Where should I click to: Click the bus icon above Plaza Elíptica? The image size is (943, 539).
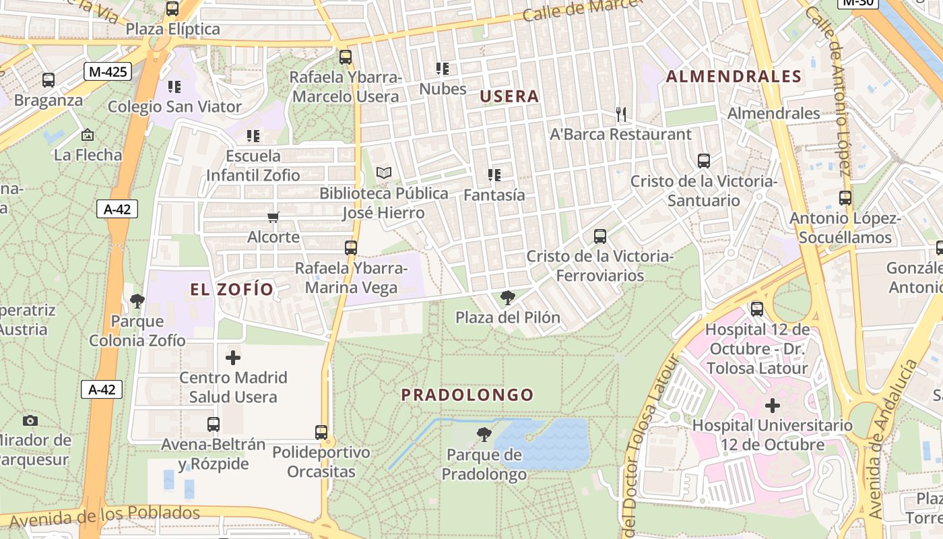point(172,9)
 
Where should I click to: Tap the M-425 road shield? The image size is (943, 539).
point(107,71)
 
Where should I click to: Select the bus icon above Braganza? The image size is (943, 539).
point(48,80)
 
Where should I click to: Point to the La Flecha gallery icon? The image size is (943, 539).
point(87,135)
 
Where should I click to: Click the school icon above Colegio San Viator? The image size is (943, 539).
point(174,86)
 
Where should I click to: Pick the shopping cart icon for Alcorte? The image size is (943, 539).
point(273,217)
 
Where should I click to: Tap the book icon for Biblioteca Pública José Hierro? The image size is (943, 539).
point(383,173)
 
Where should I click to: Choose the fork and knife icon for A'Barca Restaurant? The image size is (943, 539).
point(621,115)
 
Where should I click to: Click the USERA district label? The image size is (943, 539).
point(509,96)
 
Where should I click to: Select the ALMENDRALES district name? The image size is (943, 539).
point(734,76)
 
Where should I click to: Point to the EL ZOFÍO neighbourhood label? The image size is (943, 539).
point(232,290)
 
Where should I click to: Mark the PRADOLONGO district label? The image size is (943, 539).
point(467,395)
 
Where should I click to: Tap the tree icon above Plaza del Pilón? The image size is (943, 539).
point(508,297)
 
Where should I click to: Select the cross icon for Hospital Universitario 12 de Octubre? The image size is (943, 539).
point(773,406)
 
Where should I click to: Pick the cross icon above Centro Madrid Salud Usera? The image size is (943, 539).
point(233,357)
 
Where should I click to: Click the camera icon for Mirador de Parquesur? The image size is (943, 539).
point(30,420)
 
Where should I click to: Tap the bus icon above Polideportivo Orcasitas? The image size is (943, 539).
point(321,432)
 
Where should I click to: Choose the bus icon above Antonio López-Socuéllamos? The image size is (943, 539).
point(845,198)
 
